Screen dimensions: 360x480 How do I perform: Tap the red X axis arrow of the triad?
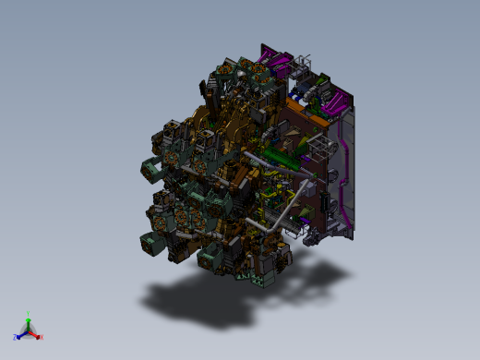(x=38, y=337)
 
